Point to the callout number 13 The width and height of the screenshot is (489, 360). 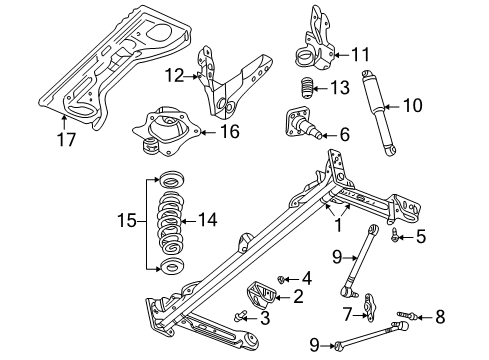[340, 89]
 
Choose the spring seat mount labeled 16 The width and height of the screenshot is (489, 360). [164, 127]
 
